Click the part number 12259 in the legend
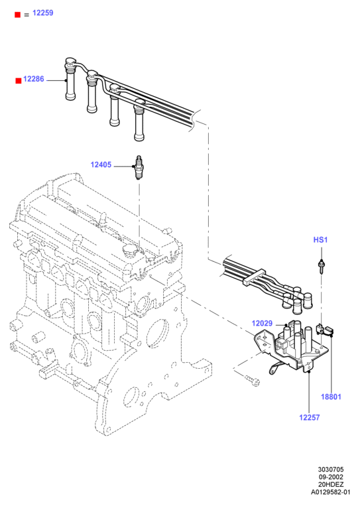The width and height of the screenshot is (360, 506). tap(43, 13)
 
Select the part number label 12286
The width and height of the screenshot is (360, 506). tap(34, 79)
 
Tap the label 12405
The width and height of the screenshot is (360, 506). tap(101, 165)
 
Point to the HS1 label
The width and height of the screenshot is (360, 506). tap(320, 240)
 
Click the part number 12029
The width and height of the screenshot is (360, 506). tap(262, 324)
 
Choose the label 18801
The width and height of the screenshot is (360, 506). tap(331, 397)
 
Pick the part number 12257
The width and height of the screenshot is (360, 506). tap(310, 418)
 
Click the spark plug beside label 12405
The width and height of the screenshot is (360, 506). tap(139, 167)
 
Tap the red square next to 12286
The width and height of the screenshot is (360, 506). tap(19, 81)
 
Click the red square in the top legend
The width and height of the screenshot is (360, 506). tap(18, 15)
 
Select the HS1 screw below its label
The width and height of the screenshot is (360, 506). tap(322, 266)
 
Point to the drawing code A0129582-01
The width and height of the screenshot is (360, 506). tap(331, 492)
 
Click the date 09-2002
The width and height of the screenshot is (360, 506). tap(331, 477)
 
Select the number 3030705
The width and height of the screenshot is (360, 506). tap(331, 470)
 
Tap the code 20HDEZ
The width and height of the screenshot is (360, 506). tap(331, 485)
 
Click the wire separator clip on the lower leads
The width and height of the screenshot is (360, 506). tap(254, 276)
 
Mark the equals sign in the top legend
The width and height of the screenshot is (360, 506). tap(27, 15)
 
